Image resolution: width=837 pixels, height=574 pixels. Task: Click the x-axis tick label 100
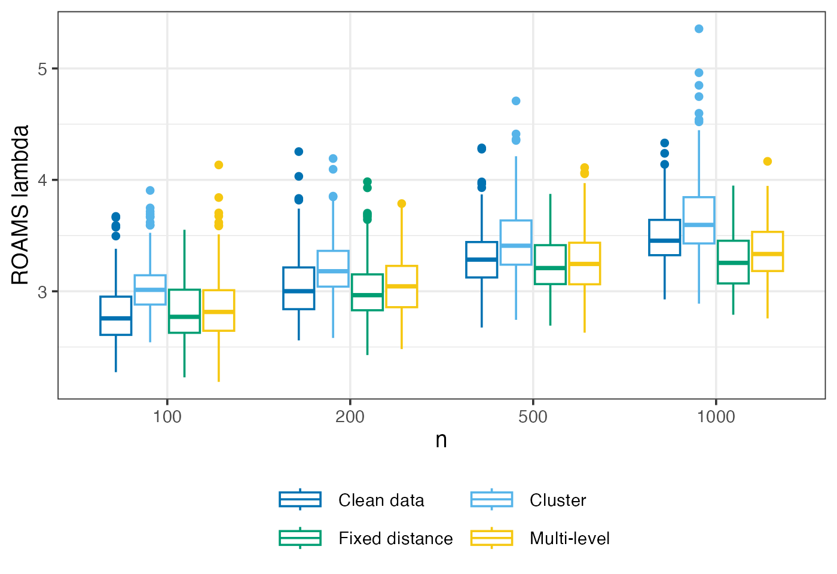[167, 417]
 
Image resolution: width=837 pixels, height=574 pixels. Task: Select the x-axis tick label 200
[350, 417]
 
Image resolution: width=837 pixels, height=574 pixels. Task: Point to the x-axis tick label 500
[533, 417]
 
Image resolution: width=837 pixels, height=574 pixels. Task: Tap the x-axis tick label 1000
[716, 417]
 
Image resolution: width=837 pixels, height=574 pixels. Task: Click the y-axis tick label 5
[42, 69]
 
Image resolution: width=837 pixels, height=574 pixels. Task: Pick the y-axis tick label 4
[42, 180]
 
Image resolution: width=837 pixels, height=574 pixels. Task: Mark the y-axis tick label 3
[42, 292]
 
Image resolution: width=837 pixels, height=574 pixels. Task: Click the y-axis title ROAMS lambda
[20, 205]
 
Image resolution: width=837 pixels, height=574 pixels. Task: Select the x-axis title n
[441, 440]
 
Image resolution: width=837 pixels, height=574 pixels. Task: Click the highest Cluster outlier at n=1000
[699, 29]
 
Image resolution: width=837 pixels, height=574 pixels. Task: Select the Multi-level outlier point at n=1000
[768, 161]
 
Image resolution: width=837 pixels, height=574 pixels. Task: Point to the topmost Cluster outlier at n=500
[516, 101]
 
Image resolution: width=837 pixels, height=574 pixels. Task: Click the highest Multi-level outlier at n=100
[219, 165]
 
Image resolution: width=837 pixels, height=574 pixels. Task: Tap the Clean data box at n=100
[116, 316]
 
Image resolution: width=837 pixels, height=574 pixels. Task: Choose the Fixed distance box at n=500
[550, 265]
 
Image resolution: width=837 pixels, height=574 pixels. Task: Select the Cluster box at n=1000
[699, 220]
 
